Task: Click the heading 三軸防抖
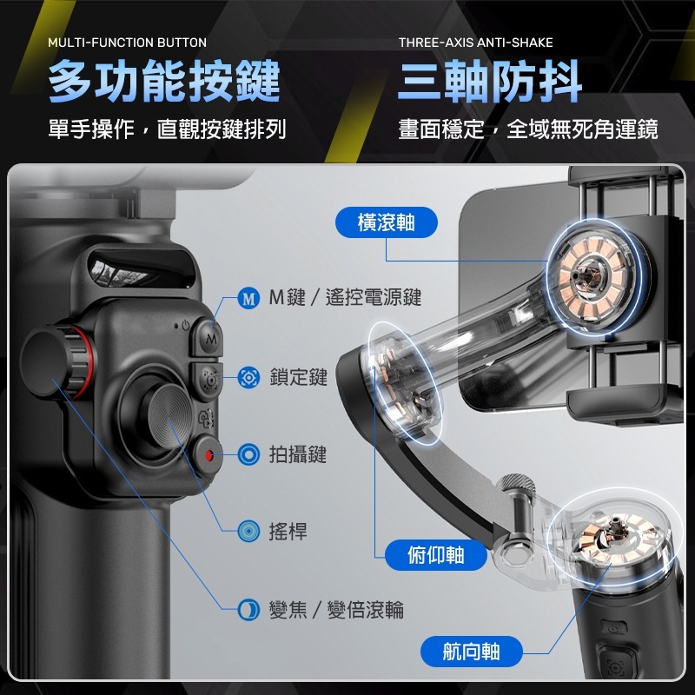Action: point(489,83)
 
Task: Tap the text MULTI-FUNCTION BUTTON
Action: point(127,43)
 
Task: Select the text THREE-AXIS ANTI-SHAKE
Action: point(475,43)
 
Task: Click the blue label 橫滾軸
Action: point(386,223)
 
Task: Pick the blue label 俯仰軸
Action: point(435,554)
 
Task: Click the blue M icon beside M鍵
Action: point(249,299)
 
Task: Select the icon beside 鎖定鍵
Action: point(249,377)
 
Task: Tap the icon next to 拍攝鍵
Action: point(249,453)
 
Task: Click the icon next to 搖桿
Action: point(249,531)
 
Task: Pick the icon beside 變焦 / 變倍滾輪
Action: point(249,609)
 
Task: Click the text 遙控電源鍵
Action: point(374,298)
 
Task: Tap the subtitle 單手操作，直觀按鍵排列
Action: point(167,130)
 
